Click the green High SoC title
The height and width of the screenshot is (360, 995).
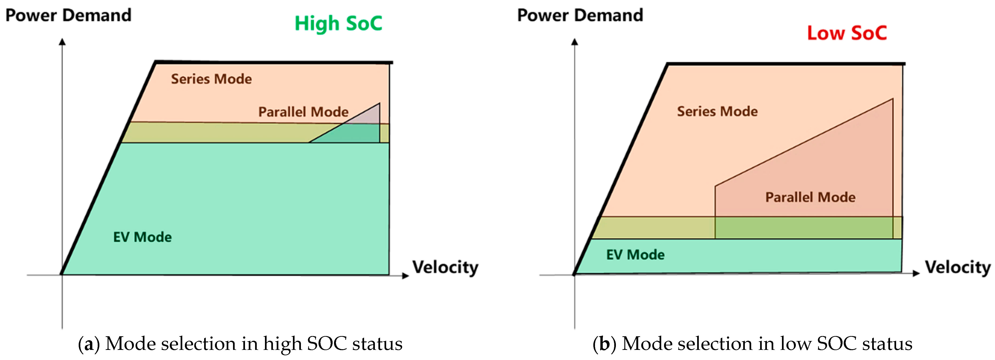click(338, 23)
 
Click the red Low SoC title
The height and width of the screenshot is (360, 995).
click(847, 33)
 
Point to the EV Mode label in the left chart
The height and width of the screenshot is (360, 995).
click(142, 237)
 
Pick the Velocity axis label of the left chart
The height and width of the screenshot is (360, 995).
click(445, 267)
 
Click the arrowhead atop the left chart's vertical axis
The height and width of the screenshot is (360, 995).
click(62, 42)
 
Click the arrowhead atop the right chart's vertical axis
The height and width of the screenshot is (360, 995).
click(575, 42)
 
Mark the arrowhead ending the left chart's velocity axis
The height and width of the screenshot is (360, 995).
click(406, 275)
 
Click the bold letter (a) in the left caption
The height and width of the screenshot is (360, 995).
click(89, 344)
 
